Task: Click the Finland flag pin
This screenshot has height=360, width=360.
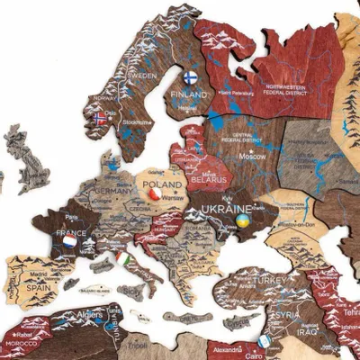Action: click(x=190, y=77)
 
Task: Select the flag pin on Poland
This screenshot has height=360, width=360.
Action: click(x=155, y=193)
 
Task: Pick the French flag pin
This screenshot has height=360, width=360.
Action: click(x=69, y=241)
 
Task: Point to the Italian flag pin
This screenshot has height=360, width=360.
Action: click(x=122, y=258)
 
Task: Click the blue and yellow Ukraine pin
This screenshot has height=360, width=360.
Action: click(x=241, y=220)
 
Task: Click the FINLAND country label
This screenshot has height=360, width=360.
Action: click(x=192, y=94)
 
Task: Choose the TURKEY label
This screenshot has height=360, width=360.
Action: click(x=267, y=280)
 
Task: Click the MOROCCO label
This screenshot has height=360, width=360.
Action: click(x=20, y=343)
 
